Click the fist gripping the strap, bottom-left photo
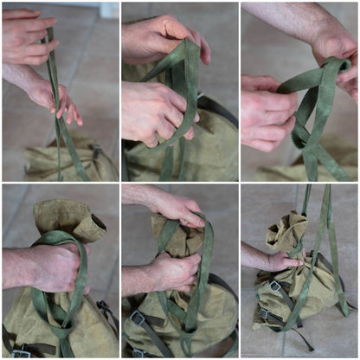tap(57, 268)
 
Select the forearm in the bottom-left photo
tap(17, 268)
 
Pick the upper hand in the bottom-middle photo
tap(177, 208)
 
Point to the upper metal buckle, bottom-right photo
tap(275, 286)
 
